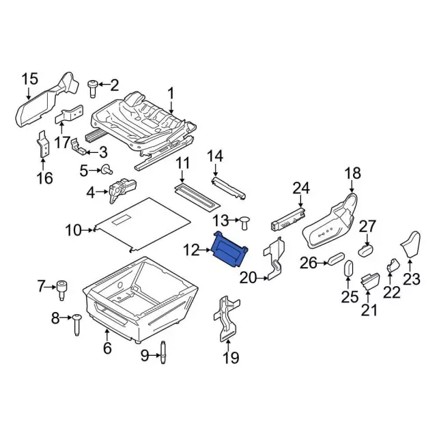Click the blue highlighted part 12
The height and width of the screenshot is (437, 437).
tap(231, 247)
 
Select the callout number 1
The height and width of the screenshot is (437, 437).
tap(171, 94)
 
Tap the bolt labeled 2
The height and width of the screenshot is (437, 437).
tap(93, 86)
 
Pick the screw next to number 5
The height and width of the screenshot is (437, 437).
tap(107, 169)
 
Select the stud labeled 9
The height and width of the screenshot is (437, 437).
tap(163, 352)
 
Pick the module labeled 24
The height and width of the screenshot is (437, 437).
tap(288, 217)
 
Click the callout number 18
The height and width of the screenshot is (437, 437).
tap(352, 174)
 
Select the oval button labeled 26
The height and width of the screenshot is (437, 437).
tap(334, 259)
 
